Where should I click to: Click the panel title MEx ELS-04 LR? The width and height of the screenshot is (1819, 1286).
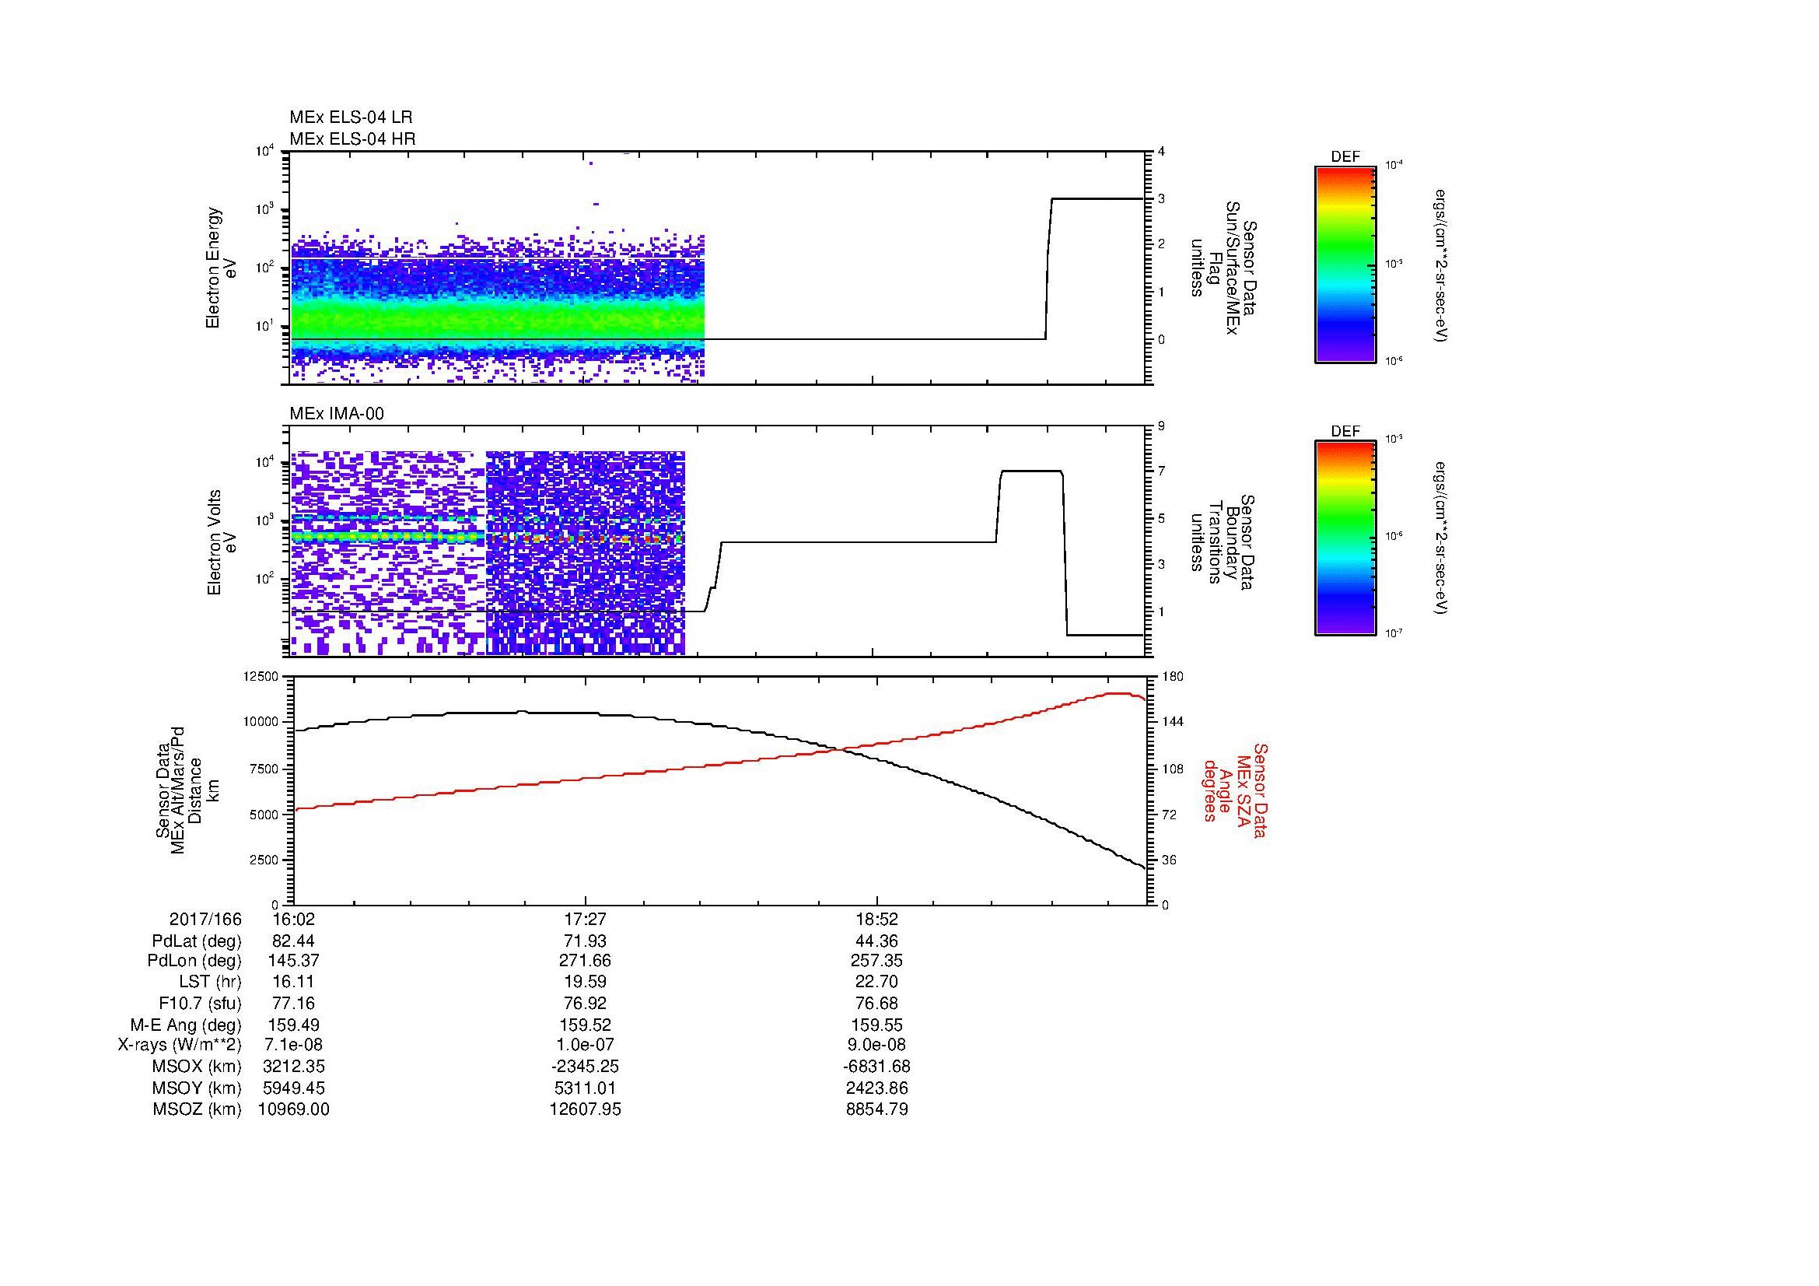(x=350, y=117)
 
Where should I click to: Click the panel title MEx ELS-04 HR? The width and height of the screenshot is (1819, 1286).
(x=352, y=138)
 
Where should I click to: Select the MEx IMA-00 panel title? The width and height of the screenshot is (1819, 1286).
(x=337, y=414)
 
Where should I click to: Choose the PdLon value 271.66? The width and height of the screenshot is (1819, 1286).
(x=585, y=960)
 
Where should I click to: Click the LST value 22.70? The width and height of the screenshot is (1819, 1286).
(x=877, y=982)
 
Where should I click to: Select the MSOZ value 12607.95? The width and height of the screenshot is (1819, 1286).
(x=585, y=1109)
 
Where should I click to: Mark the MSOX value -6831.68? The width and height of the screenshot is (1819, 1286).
(x=877, y=1067)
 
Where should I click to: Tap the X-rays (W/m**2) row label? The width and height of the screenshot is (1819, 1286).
(x=179, y=1045)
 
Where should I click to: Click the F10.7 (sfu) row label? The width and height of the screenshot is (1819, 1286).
(x=200, y=1003)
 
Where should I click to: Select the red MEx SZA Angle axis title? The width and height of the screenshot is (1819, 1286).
(x=1234, y=790)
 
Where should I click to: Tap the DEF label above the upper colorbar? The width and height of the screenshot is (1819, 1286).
(x=1345, y=157)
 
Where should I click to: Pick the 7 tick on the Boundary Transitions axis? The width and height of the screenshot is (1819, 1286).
(x=1161, y=471)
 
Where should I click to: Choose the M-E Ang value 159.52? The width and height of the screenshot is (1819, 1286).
(x=585, y=1025)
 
